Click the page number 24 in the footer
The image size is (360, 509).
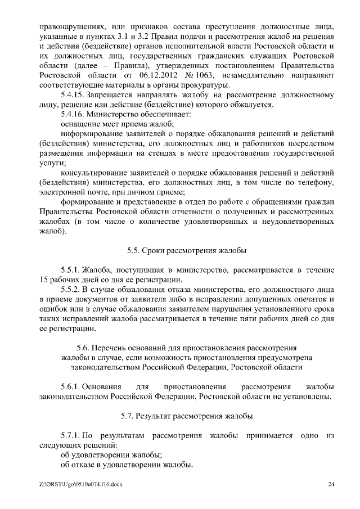click(x=331, y=484)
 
